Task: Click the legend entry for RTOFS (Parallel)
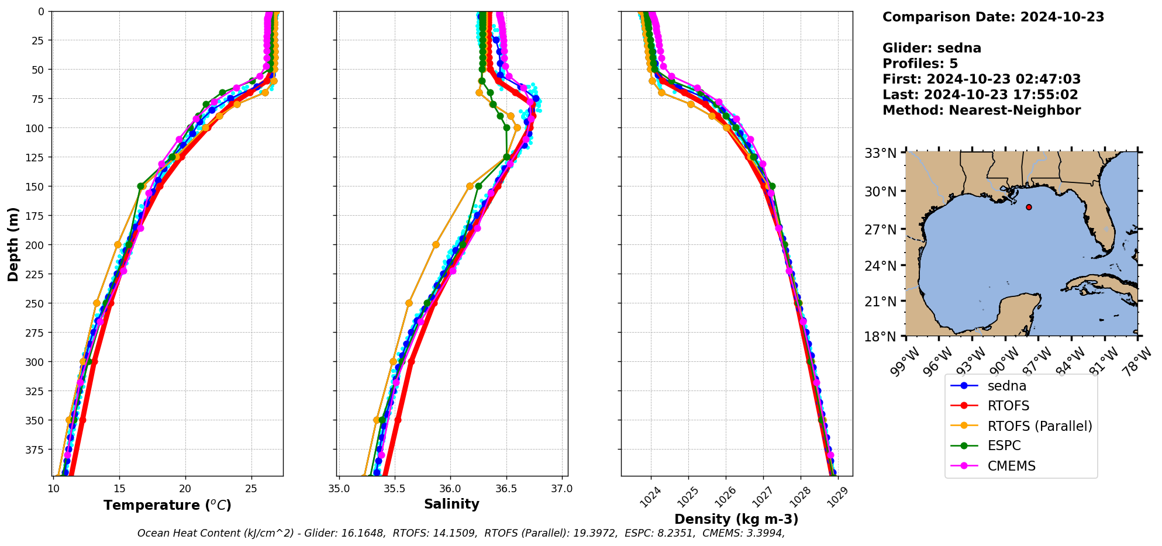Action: pos(1039,426)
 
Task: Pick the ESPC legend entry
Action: pos(1004,445)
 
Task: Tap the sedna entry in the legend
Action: pos(1006,386)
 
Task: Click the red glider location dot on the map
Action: pos(1029,207)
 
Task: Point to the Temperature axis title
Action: pos(167,505)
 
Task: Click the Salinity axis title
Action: pos(451,504)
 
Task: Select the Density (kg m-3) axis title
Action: pos(736,519)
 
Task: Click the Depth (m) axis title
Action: pos(13,244)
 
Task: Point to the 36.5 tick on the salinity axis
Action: pos(506,489)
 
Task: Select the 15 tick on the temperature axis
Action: pos(119,489)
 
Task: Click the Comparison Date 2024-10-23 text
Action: pos(993,17)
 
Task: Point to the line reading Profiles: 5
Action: pos(920,64)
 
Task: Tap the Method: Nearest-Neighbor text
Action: pos(981,110)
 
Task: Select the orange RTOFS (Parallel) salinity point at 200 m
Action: pos(436,245)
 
